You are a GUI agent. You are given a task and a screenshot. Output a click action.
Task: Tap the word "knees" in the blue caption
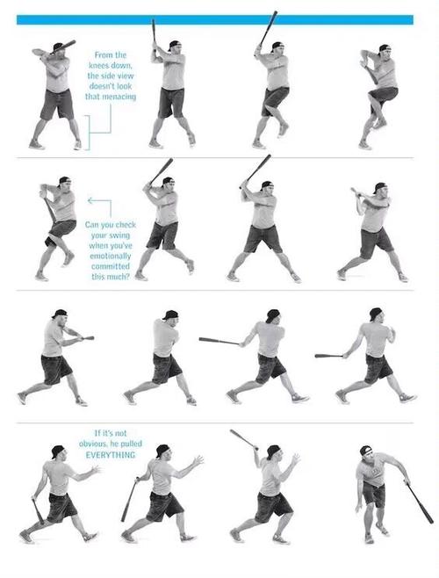pyautogui.click(x=99, y=65)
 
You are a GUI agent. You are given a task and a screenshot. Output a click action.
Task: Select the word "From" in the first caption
pyautogui.click(x=104, y=55)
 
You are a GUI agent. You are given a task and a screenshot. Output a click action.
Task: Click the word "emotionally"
pyautogui.click(x=111, y=256)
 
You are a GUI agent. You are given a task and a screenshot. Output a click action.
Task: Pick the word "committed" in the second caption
pyautogui.click(x=111, y=266)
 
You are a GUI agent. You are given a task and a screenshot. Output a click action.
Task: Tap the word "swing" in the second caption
pyautogui.click(x=120, y=235)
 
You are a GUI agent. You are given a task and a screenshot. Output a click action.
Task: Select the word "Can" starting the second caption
pyautogui.click(x=92, y=225)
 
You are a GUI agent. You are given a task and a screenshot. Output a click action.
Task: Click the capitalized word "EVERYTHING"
pyautogui.click(x=111, y=455)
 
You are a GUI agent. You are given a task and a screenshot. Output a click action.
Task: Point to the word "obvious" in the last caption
pyautogui.click(x=93, y=444)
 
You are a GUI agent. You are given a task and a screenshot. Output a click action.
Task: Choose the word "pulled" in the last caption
pyautogui.click(x=131, y=444)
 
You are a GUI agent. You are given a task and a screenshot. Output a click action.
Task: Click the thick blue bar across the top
pyautogui.click(x=215, y=20)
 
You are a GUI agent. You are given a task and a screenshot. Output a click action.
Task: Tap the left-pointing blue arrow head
pyautogui.click(x=90, y=200)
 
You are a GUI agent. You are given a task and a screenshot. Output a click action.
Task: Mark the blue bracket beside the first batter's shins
pyautogui.click(x=87, y=133)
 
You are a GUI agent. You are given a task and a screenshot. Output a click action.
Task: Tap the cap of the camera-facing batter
pyautogui.click(x=366, y=450)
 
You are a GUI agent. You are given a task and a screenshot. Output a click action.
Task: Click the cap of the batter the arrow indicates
pyautogui.click(x=64, y=180)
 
